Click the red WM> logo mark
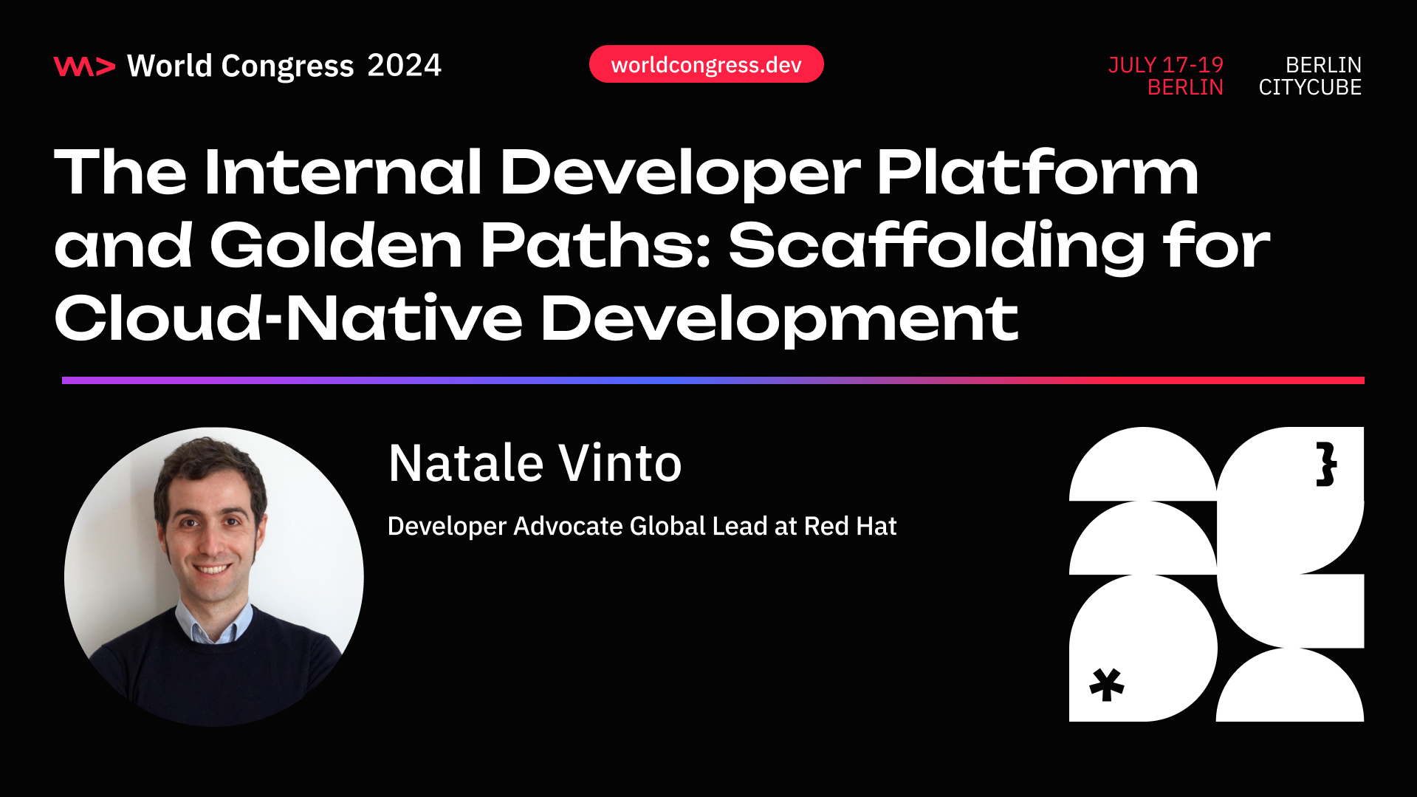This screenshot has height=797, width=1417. tap(84, 66)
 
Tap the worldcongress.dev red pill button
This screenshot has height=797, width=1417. tap(706, 64)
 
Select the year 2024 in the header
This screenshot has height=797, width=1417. tap(404, 66)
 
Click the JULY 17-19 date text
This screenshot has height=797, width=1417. tap(1165, 65)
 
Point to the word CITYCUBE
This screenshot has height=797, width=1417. tap(1310, 87)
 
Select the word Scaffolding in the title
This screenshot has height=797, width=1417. tap(936, 247)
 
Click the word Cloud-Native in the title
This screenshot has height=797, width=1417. tap(288, 318)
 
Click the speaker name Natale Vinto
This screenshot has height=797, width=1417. tap(535, 464)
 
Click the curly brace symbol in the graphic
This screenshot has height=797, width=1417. tap(1326, 465)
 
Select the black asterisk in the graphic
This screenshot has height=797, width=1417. tap(1106, 685)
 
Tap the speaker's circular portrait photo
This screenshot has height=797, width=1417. tap(213, 576)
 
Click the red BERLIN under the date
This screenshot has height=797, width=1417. tap(1185, 87)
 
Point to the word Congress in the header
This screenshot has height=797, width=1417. tap(287, 66)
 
